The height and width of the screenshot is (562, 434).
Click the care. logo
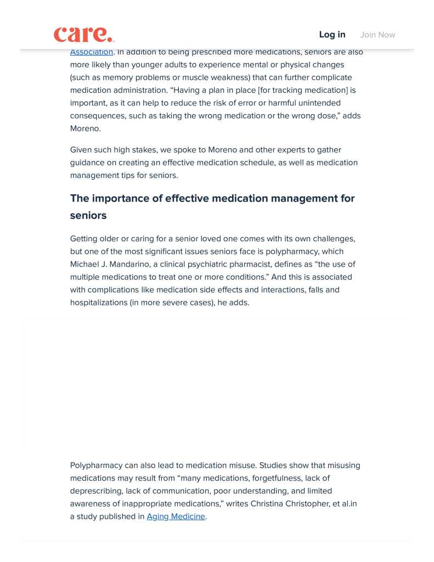click(84, 34)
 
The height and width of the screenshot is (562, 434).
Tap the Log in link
click(332, 35)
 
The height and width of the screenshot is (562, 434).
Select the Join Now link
click(377, 35)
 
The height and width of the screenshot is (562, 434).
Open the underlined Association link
click(91, 52)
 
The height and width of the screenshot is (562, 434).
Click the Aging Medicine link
click(176, 516)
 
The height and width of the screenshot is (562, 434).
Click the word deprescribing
click(97, 491)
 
